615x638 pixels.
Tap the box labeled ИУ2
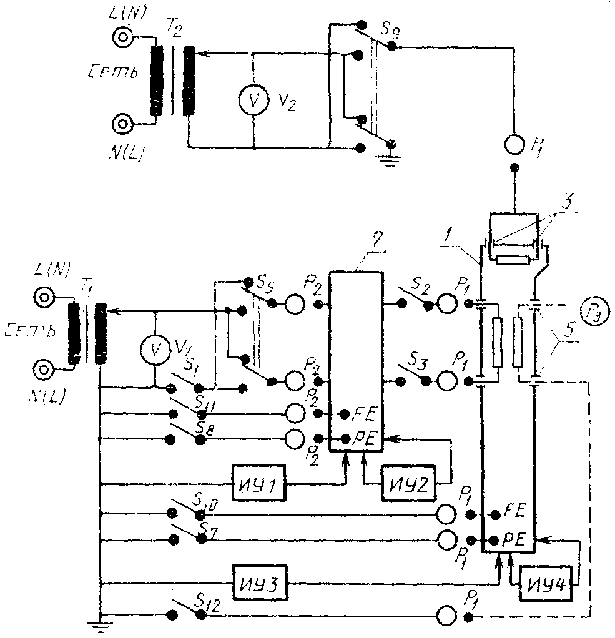[405, 483]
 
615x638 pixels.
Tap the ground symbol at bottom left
[100, 625]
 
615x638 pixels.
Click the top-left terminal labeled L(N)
[121, 37]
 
